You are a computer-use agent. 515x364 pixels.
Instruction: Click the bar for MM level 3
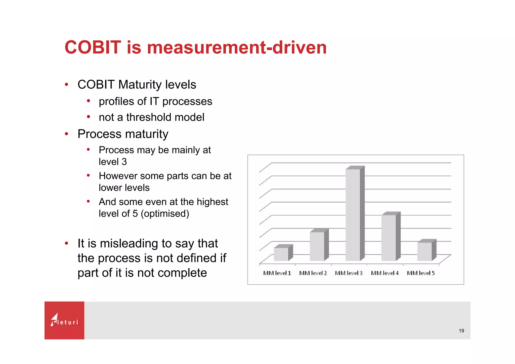[353, 215]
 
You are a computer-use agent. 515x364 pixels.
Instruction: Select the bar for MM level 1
[281, 254]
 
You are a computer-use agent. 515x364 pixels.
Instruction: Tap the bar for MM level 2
[317, 246]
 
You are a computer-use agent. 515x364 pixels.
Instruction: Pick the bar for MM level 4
[389, 238]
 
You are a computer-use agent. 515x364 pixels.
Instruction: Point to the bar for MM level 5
[425, 251]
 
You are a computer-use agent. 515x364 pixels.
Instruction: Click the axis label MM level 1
[277, 273]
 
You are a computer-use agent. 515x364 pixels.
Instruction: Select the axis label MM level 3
[349, 273]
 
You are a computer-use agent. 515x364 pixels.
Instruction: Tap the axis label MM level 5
[421, 273]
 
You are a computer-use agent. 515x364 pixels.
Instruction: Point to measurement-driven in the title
[237, 47]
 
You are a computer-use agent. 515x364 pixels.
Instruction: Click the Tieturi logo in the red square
[64, 320]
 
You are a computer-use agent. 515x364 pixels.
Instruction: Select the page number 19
[461, 331]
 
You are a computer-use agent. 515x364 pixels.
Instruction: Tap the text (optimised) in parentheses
[165, 214]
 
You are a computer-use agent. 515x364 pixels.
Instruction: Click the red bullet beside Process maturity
[66, 134]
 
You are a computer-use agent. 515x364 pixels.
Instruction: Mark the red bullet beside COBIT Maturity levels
[66, 84]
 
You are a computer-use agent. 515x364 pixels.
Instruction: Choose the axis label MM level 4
[385, 273]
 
